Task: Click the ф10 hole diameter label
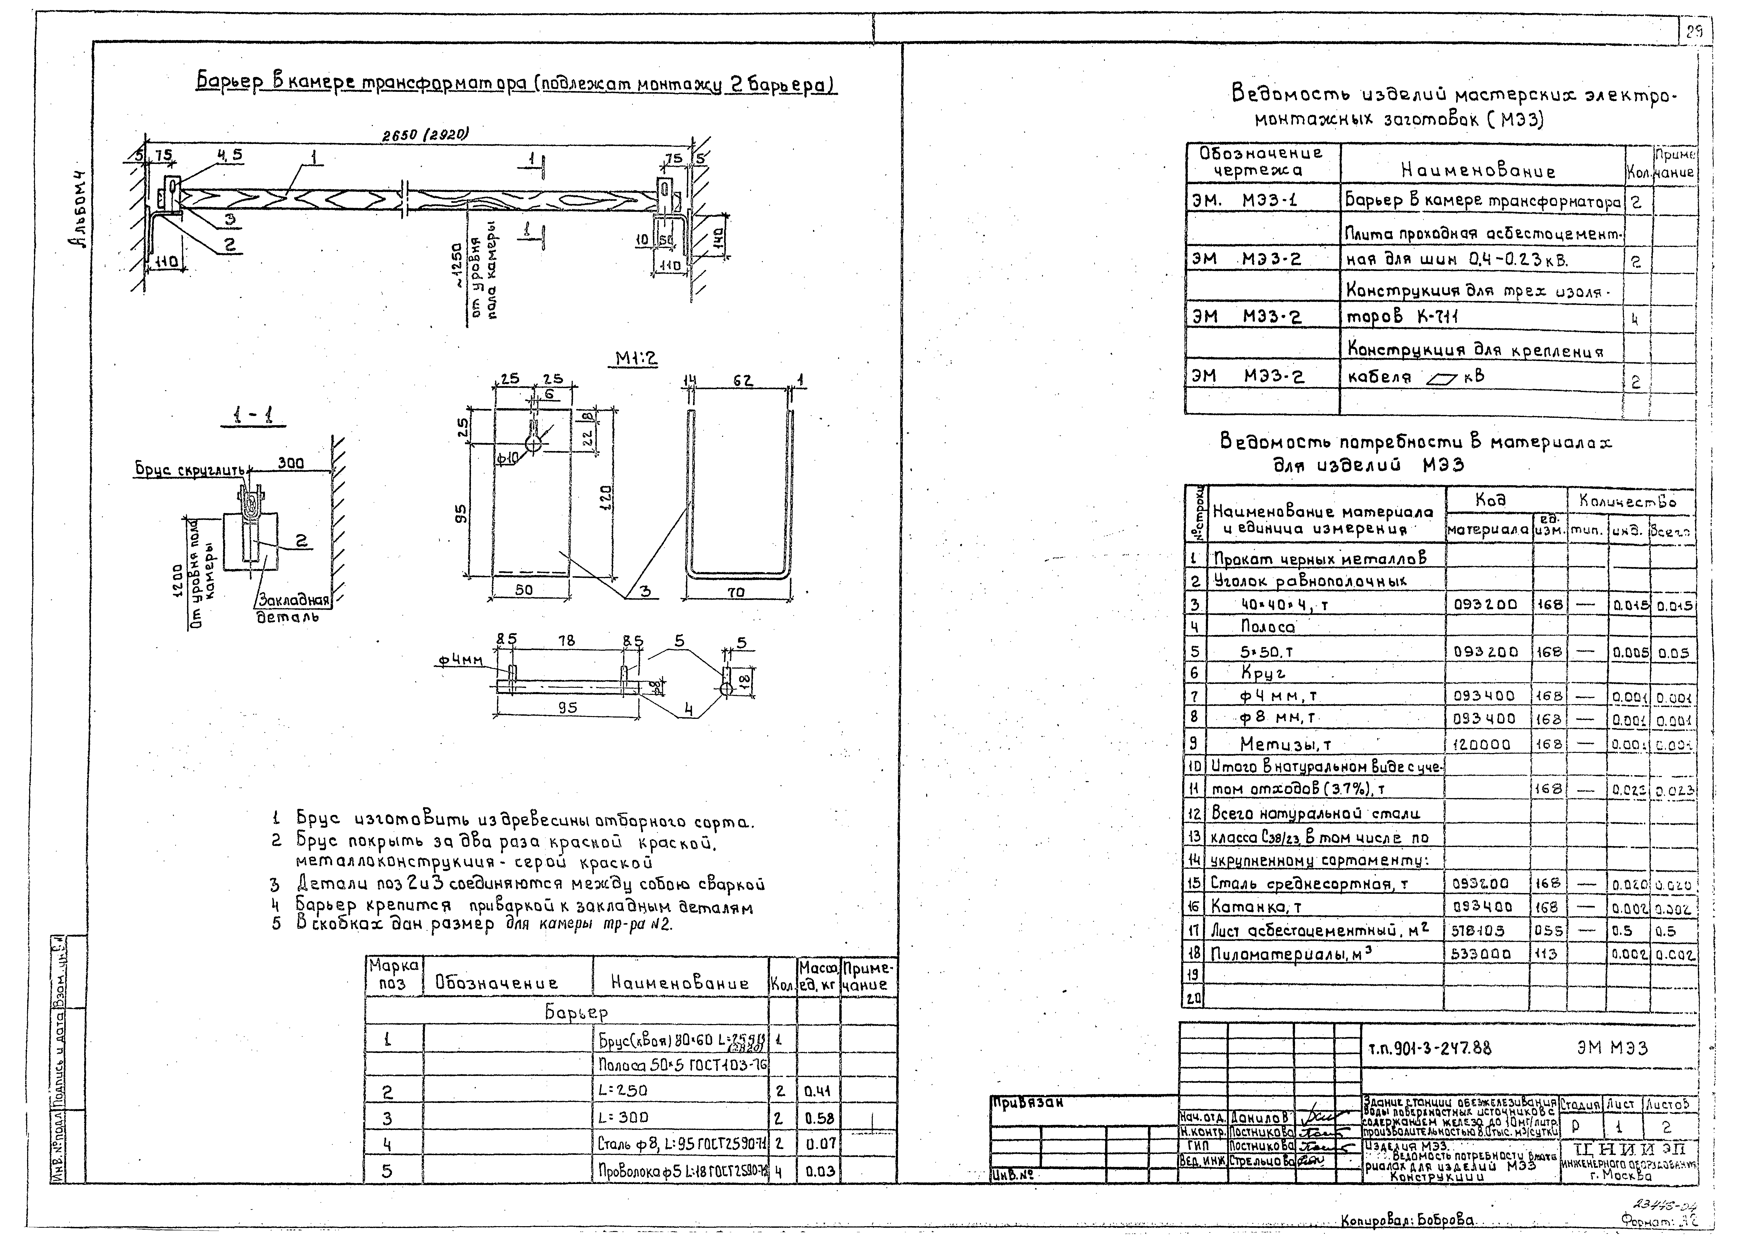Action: click(x=507, y=458)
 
